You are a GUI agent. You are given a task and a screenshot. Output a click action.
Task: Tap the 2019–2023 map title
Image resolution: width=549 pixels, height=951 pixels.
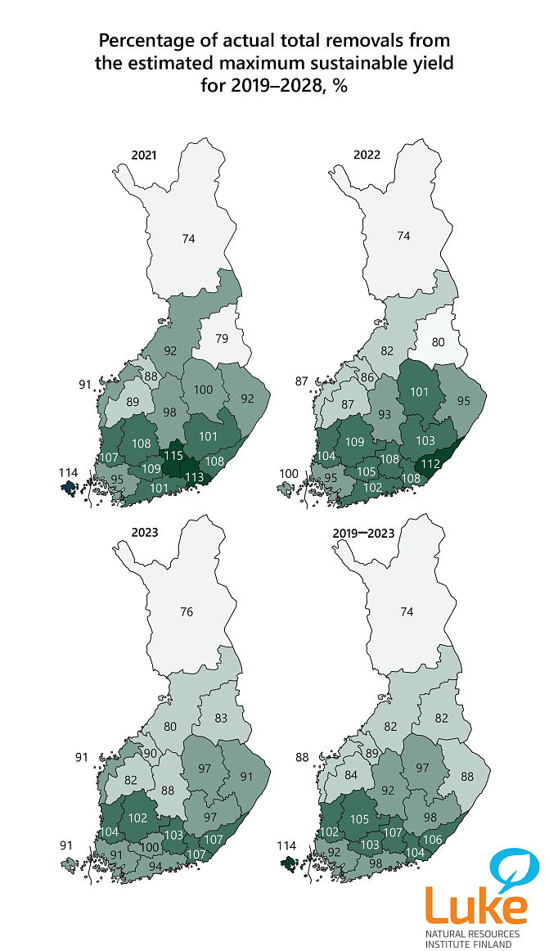(363, 533)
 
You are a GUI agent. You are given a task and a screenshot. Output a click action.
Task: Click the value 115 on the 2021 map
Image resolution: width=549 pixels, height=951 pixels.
(173, 455)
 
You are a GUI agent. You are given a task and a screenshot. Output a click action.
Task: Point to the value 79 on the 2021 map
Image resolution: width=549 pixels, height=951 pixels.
(222, 337)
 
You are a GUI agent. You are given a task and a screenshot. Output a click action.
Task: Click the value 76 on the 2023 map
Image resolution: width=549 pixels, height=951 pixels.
(187, 612)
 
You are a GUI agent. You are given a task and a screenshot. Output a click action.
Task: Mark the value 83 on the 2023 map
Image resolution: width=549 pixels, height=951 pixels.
(222, 718)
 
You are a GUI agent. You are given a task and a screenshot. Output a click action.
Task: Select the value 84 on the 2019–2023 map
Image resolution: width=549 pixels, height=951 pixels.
(351, 776)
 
